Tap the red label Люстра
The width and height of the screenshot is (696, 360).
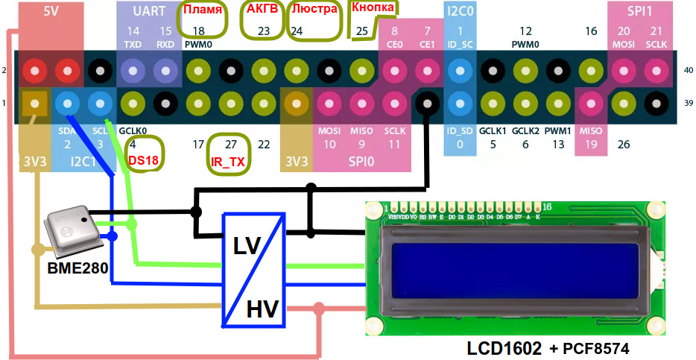314,12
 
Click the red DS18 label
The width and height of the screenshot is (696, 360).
142,160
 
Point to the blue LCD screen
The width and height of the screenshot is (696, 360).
514,272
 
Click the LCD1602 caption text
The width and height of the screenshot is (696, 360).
504,348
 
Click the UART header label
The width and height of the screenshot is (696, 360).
149,12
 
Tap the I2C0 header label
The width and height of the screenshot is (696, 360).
461,12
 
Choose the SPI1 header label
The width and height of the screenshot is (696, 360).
639,12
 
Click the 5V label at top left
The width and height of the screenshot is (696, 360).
51,12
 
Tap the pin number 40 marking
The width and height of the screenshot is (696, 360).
688,70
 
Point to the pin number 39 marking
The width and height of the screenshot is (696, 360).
688,102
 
